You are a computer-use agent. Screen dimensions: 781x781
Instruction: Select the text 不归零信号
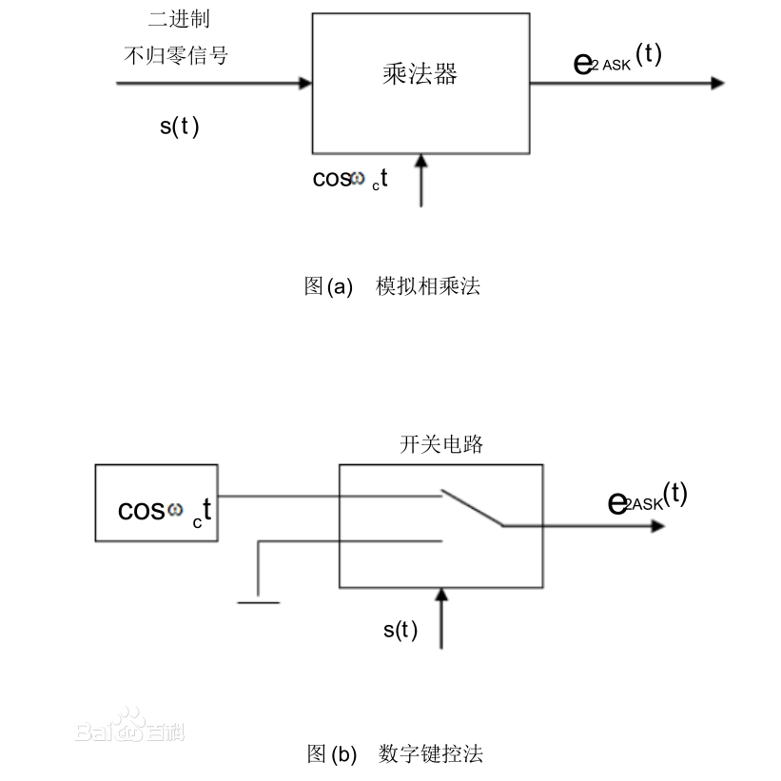tap(176, 55)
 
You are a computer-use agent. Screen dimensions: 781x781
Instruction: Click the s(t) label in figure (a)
tap(179, 127)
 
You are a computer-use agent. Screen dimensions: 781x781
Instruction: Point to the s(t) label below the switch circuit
tap(400, 630)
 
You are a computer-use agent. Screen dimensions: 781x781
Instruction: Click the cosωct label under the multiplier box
tap(350, 179)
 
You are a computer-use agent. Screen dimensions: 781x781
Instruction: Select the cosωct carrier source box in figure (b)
tap(156, 502)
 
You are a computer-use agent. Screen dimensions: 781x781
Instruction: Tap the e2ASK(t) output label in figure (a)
tap(617, 59)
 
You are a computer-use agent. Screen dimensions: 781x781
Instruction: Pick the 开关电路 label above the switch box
tap(440, 444)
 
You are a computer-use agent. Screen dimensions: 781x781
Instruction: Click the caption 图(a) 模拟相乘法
tap(392, 285)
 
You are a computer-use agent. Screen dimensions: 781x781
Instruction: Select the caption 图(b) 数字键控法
tap(395, 754)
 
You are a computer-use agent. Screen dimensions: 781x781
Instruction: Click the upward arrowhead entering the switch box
tap(440, 596)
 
